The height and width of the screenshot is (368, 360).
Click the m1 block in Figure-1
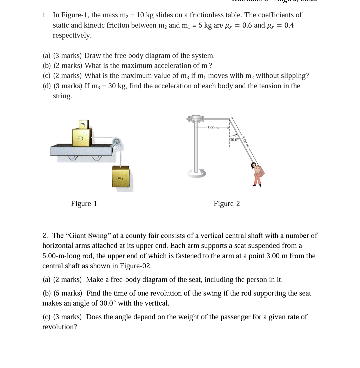point(82,124)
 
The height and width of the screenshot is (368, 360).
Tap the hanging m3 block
point(120,177)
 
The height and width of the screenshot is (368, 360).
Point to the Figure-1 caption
point(84,204)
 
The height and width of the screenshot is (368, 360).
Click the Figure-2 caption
point(227,204)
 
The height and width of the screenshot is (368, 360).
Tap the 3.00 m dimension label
point(213,128)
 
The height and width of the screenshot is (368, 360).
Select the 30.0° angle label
point(235,140)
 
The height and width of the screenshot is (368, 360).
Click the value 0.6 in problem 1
point(247,25)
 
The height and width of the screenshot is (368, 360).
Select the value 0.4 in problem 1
point(289,25)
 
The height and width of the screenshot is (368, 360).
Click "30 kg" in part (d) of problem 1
point(117,86)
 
